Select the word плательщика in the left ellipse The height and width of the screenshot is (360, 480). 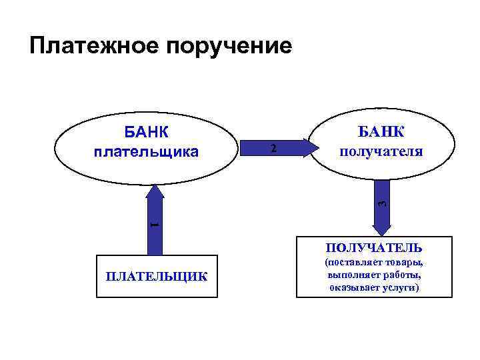(146, 151)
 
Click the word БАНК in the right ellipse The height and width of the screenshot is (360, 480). (381, 130)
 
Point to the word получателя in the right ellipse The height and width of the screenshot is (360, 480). (381, 151)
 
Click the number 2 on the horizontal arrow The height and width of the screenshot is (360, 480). (273, 147)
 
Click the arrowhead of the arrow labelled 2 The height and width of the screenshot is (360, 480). (309, 147)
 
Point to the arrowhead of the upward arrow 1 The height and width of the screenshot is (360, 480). (155, 192)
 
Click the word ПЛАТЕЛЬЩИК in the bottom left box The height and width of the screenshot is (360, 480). (156, 276)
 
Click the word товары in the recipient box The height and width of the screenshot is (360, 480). (406, 262)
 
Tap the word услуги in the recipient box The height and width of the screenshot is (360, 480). (405, 287)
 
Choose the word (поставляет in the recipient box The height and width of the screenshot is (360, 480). (353, 262)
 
